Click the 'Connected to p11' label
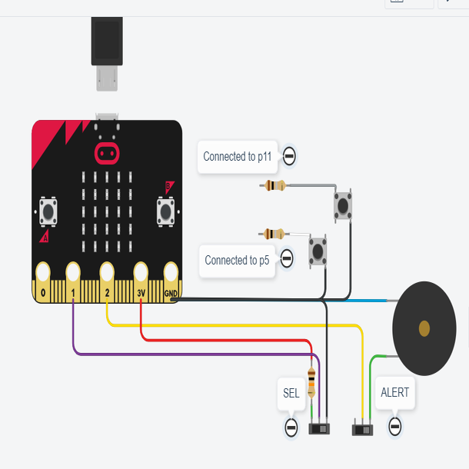click(x=237, y=156)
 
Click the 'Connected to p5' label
click(x=237, y=260)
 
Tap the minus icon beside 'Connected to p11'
click(x=289, y=156)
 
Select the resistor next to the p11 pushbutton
click(x=274, y=185)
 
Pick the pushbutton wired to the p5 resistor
click(x=318, y=251)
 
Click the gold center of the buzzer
click(x=424, y=329)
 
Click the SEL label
click(x=291, y=393)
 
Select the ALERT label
click(x=395, y=392)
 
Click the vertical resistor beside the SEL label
click(x=311, y=381)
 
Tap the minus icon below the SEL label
click(x=291, y=426)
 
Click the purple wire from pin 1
click(x=192, y=354)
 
